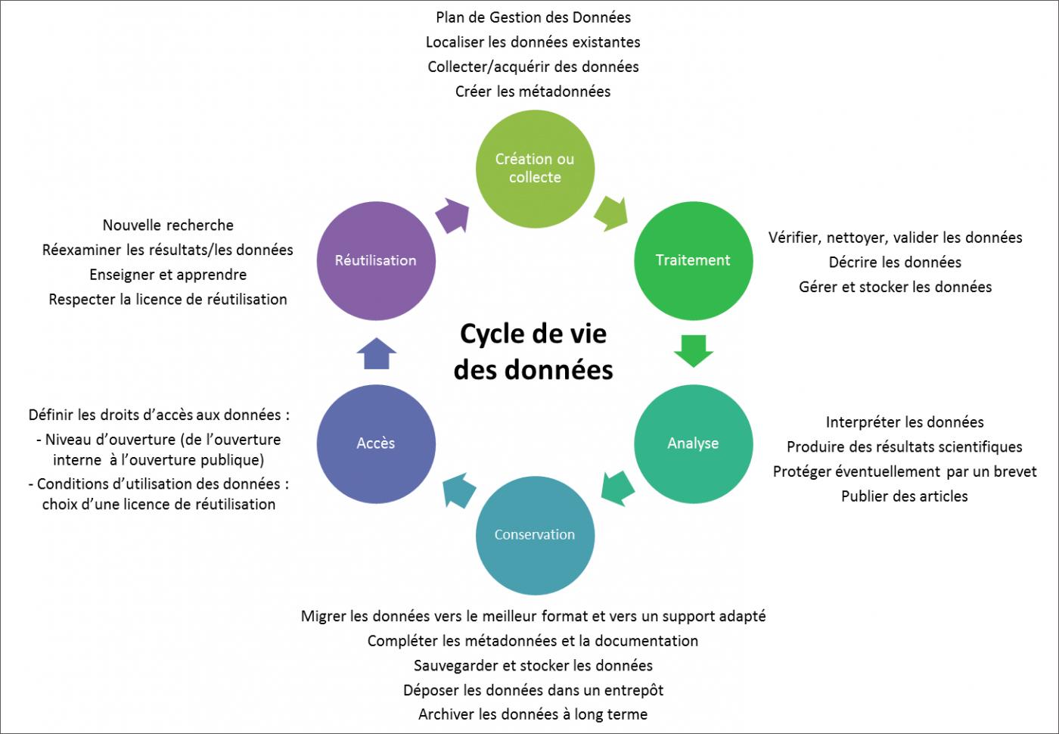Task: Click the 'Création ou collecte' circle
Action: (535, 169)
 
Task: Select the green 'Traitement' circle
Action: (693, 260)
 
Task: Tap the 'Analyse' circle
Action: (693, 443)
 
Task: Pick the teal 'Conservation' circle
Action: (535, 535)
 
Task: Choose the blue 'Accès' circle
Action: (376, 443)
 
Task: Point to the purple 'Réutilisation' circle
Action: (376, 260)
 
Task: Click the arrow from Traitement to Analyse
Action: (693, 350)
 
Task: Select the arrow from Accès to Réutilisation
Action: (376, 353)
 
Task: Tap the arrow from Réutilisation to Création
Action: (453, 215)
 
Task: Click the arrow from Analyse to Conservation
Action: (618, 487)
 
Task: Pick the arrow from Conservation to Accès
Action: (459, 490)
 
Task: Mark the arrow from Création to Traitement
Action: (611, 213)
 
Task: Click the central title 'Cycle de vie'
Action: (533, 334)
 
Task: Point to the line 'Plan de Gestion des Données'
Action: (533, 17)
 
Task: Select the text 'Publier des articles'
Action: (904, 496)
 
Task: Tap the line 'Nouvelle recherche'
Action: (168, 225)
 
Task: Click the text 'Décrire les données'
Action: (895, 263)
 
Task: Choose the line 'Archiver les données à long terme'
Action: (533, 714)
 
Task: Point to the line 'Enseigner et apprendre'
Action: (168, 275)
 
